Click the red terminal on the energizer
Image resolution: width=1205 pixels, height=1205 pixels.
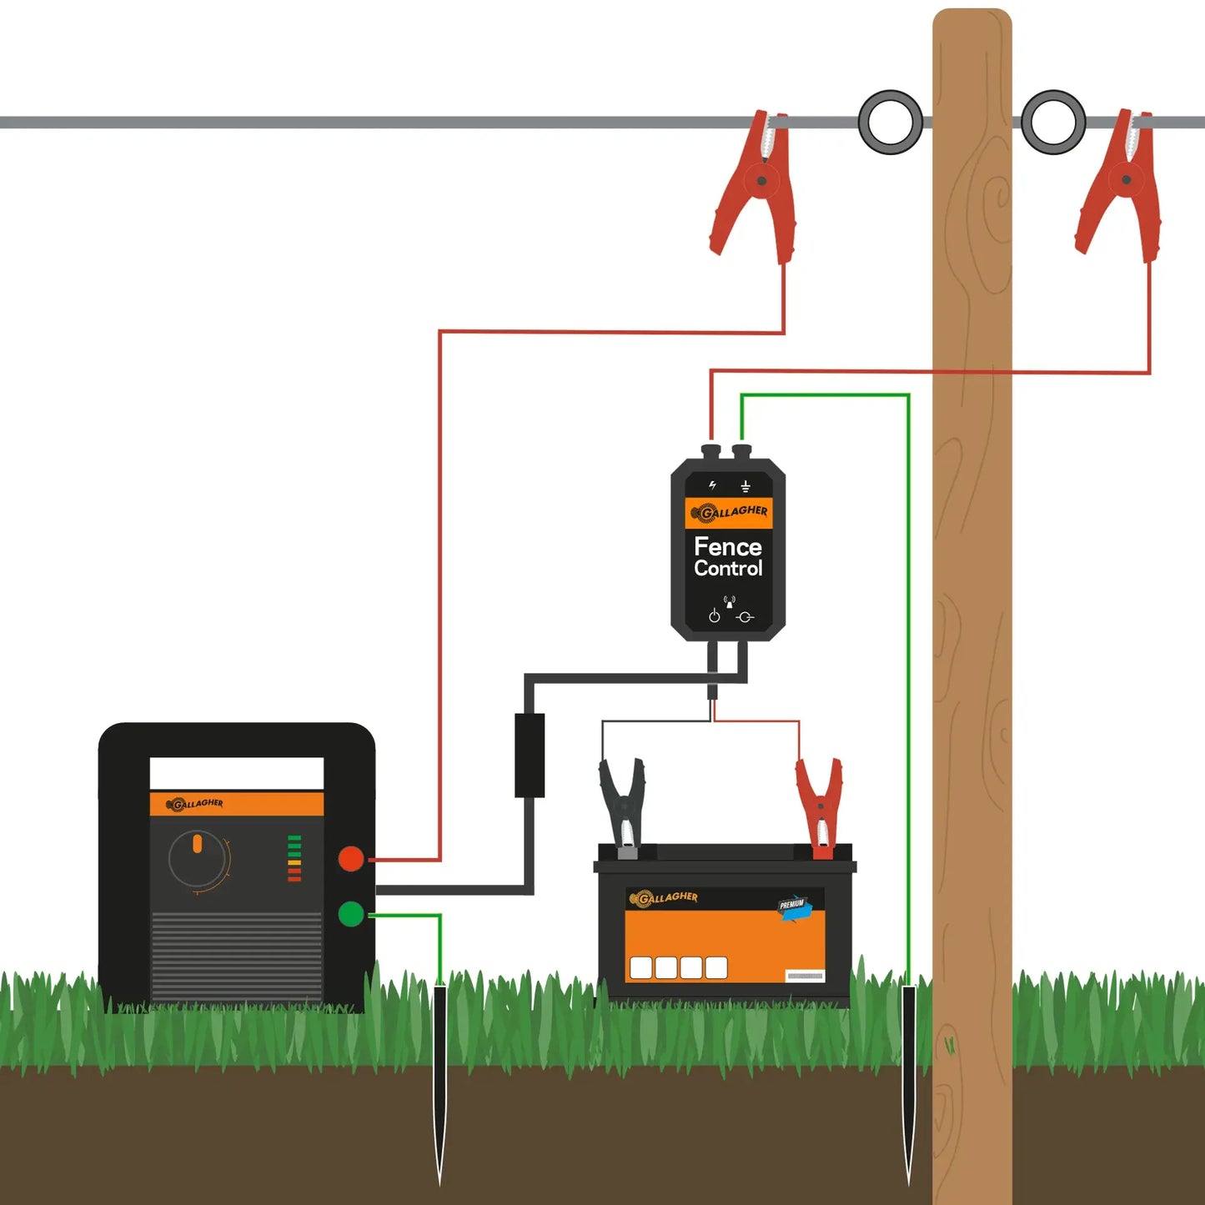coord(351,858)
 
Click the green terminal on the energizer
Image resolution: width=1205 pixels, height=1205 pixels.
coord(351,914)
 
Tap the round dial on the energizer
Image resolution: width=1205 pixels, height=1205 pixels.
coord(198,859)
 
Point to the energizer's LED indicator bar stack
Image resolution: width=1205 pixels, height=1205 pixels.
coord(294,857)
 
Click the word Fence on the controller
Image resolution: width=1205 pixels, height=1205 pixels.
coord(727,547)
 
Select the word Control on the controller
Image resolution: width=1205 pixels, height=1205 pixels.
coord(728,569)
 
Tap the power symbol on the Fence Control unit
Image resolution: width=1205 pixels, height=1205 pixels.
coord(714,616)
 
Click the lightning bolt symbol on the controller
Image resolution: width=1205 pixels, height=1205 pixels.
coord(712,485)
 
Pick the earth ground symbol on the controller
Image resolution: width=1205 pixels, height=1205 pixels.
coord(746,486)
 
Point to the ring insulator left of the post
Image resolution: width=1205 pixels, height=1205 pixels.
coord(891,122)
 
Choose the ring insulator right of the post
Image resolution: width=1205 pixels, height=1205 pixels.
coord(1053,122)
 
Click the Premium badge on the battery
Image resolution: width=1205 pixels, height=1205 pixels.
coord(793,906)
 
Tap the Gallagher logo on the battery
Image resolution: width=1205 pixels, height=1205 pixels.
coord(664,898)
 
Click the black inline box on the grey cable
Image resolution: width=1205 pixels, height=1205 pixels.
coord(530,755)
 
